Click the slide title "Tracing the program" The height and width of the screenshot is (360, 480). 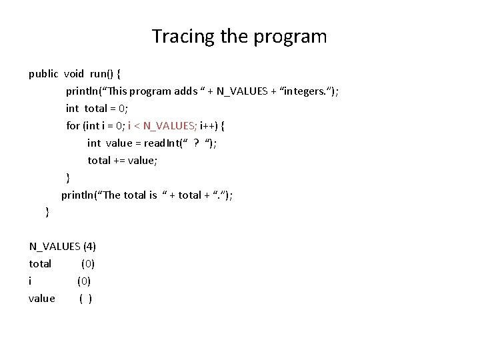point(239,36)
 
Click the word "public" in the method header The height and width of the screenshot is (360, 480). point(43,74)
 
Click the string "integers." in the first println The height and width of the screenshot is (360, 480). point(305,91)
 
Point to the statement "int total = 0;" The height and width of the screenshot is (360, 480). point(97,109)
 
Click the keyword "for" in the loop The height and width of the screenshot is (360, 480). point(73,126)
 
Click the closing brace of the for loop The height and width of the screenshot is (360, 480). point(67,178)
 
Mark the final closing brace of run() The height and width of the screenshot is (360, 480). point(47,213)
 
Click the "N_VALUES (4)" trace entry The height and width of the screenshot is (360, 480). point(63,247)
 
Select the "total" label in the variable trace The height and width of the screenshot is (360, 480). point(40,264)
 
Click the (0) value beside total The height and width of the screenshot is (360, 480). point(87,264)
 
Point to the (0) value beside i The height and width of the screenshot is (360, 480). point(84,281)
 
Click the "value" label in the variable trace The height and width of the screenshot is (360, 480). point(41,299)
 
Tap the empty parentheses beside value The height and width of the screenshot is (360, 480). point(85,299)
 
